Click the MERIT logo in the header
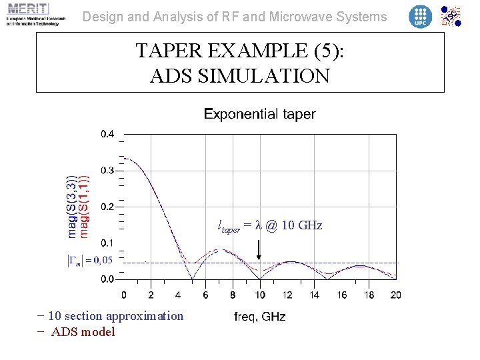(33, 14)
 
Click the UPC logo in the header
(420, 16)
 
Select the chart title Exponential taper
(259, 114)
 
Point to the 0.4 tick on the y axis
(107, 134)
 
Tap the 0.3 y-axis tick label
(107, 171)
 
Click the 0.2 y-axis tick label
(107, 207)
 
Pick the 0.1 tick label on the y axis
(107, 243)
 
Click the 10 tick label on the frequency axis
(260, 295)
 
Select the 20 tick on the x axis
(395, 295)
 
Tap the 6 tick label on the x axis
(205, 295)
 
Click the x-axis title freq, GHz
(260, 317)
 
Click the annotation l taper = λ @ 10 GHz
(270, 225)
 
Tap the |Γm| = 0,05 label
(89, 260)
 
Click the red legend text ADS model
(83, 331)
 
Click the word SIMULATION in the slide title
(240, 76)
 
